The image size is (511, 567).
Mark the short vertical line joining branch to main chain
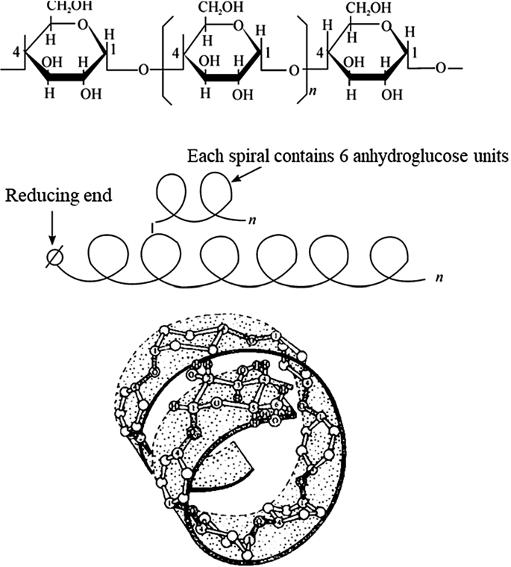[x=154, y=225]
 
